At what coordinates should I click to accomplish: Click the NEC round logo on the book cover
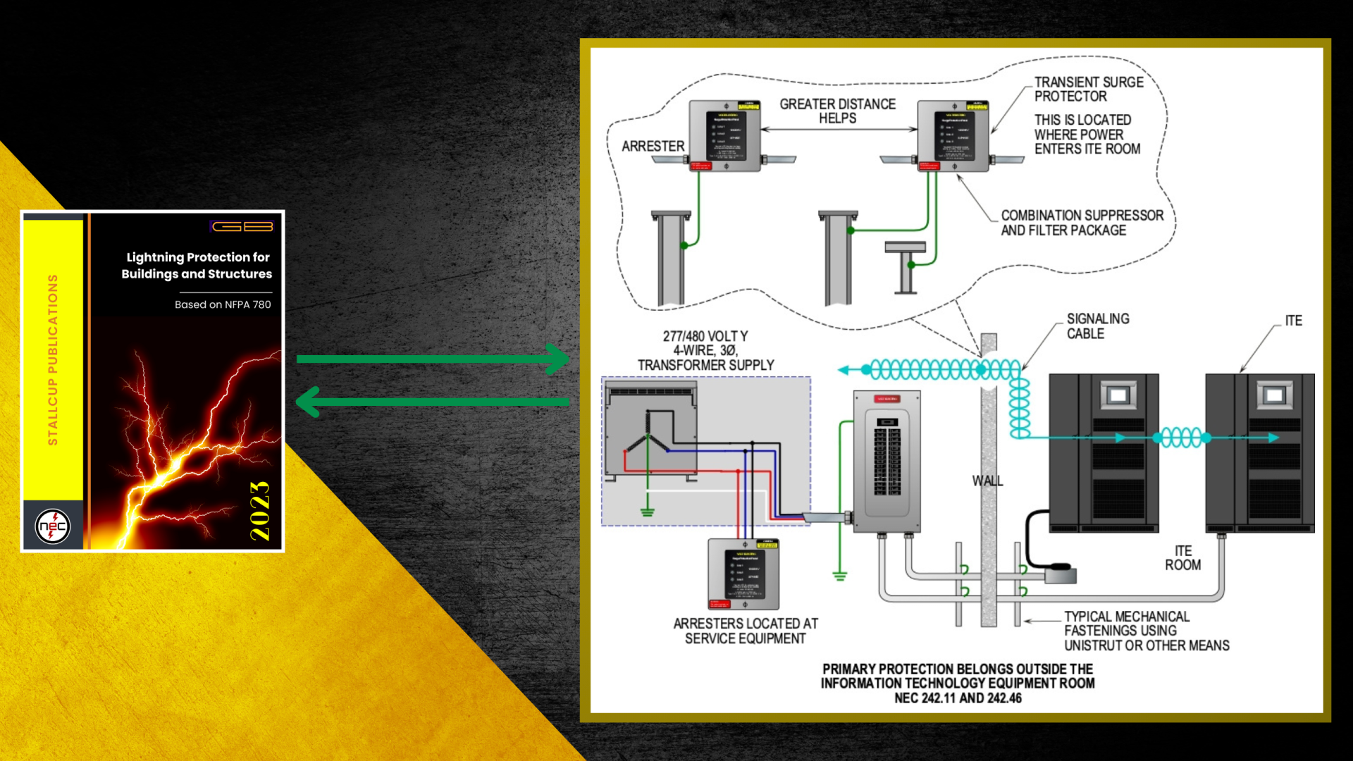pyautogui.click(x=53, y=526)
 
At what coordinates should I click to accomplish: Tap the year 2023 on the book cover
pyautogui.click(x=260, y=511)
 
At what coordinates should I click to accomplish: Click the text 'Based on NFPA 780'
pyautogui.click(x=223, y=304)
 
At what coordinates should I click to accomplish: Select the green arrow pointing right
pyautogui.click(x=433, y=359)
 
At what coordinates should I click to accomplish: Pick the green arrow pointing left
pyautogui.click(x=433, y=402)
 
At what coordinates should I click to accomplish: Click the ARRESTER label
pyautogui.click(x=653, y=147)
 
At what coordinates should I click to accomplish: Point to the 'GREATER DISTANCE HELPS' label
pyautogui.click(x=837, y=111)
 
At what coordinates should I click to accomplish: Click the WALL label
pyautogui.click(x=987, y=481)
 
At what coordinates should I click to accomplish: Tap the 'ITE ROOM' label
pyautogui.click(x=1182, y=558)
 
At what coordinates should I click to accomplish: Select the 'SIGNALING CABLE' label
pyautogui.click(x=1097, y=326)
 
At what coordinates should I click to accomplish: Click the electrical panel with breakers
pyautogui.click(x=886, y=460)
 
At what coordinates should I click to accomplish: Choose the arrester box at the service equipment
pyautogui.click(x=743, y=574)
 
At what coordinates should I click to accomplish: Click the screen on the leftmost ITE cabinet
pyautogui.click(x=1118, y=395)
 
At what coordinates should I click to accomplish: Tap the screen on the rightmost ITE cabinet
pyautogui.click(x=1274, y=395)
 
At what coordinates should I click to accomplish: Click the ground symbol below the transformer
pyautogui.click(x=648, y=512)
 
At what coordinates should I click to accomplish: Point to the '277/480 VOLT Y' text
pyautogui.click(x=705, y=337)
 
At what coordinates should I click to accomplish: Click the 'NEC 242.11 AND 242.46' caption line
pyautogui.click(x=958, y=698)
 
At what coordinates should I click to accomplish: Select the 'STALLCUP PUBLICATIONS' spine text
pyautogui.click(x=53, y=359)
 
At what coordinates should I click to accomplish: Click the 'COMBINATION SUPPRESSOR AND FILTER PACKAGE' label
pyautogui.click(x=1082, y=223)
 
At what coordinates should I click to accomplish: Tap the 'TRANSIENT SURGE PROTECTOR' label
pyautogui.click(x=1088, y=89)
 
